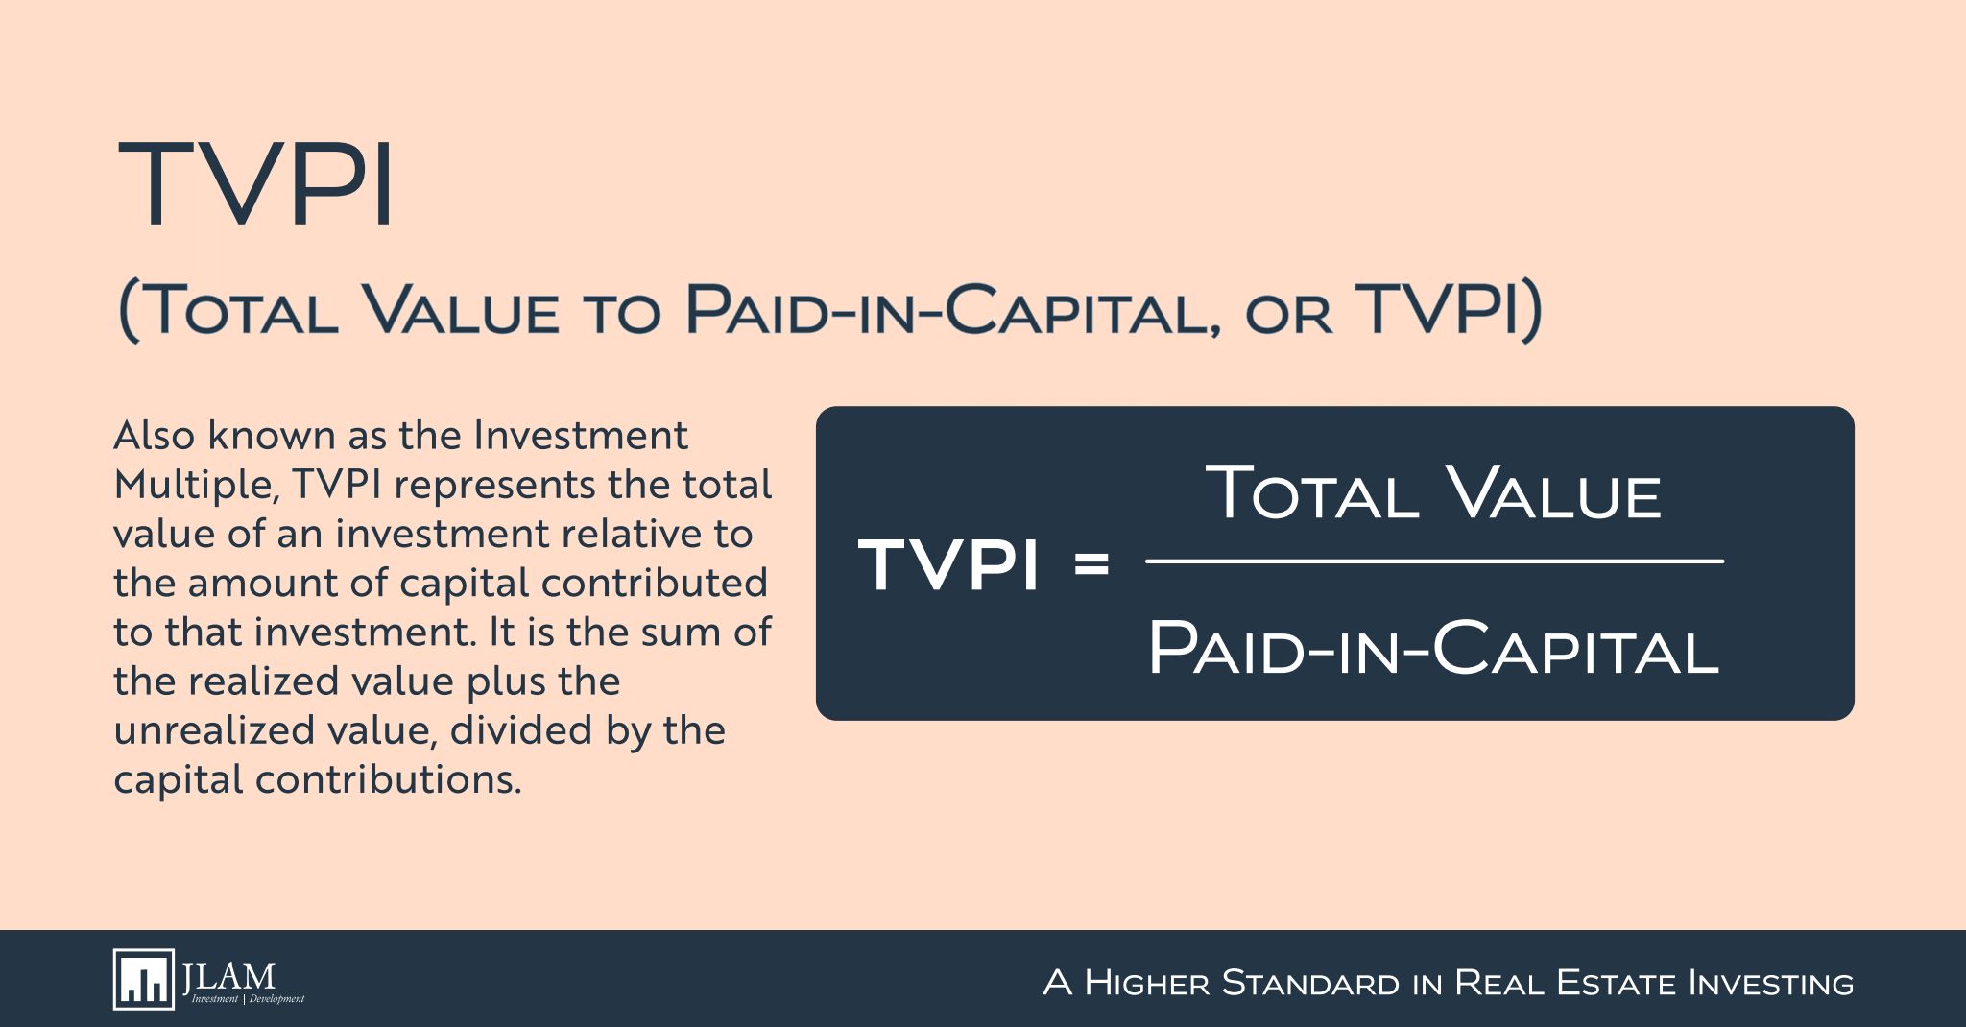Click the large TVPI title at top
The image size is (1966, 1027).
[x=255, y=183]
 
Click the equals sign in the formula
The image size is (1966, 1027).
[x=1091, y=563]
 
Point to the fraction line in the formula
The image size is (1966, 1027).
[x=1434, y=561]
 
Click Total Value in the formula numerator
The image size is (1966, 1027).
[x=1433, y=492]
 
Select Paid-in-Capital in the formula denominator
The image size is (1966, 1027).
[x=1433, y=648]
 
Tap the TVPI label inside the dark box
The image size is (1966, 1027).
[x=948, y=564]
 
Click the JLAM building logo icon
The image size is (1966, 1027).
[x=144, y=979]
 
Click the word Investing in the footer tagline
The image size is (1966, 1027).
[x=1770, y=983]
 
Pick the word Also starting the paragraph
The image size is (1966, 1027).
[x=155, y=436]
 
